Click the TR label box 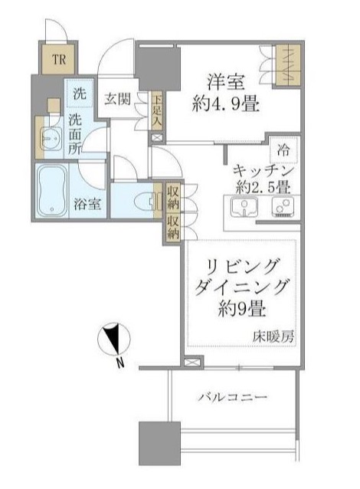pyautogui.click(x=57, y=59)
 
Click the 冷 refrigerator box pyautogui.click(x=284, y=149)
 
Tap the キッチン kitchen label pyautogui.click(x=262, y=170)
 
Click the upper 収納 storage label pyautogui.click(x=173, y=197)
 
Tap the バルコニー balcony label pyautogui.click(x=232, y=398)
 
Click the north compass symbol pyautogui.click(x=115, y=340)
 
